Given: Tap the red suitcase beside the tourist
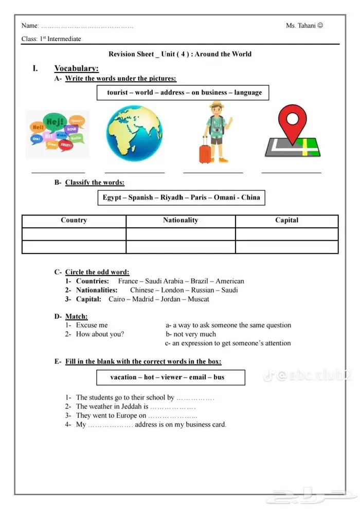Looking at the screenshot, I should (205, 149).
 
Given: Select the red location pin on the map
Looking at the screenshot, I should (292, 121).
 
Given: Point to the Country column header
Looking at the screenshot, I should (74, 221).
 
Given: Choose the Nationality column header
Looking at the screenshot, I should (181, 221).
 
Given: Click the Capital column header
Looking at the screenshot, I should (286, 221).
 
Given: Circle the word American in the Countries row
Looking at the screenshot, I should (230, 281).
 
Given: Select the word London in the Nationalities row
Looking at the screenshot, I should (171, 290).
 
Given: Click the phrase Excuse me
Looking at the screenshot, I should (92, 325).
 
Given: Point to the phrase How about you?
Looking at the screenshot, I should (100, 334).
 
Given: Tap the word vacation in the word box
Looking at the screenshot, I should (123, 377).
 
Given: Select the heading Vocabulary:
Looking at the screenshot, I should (77, 68).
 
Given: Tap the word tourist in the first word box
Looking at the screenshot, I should (118, 93).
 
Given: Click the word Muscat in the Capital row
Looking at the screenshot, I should (198, 299).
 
